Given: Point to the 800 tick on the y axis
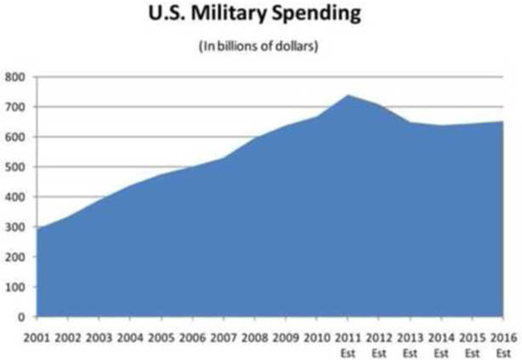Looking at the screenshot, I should tap(16, 77).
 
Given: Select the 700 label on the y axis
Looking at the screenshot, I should tap(16, 107).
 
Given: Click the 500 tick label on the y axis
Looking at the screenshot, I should tap(16, 167).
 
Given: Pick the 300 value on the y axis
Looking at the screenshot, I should tap(16, 226).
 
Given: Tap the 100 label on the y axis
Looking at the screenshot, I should tap(16, 287).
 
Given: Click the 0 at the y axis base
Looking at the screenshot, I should tap(22, 317).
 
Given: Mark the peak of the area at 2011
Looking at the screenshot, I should tap(349, 95).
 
